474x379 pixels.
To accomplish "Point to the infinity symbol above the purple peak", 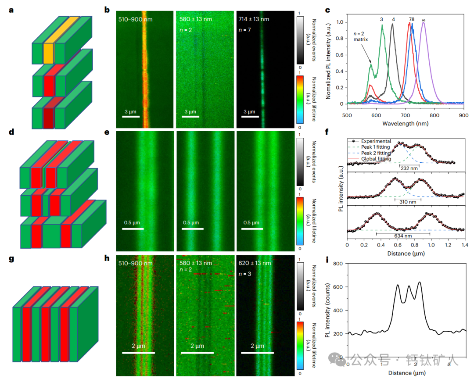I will [x=424, y=20].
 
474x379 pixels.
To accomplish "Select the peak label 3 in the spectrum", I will [x=381, y=20].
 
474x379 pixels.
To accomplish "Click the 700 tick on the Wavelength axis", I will [x=406, y=115].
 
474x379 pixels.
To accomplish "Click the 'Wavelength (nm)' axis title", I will [x=405, y=124].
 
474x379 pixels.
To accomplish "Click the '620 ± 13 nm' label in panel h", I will [x=255, y=263].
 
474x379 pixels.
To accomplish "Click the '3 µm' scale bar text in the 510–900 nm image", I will [x=131, y=111].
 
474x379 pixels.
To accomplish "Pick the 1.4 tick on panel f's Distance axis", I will [x=464, y=246].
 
